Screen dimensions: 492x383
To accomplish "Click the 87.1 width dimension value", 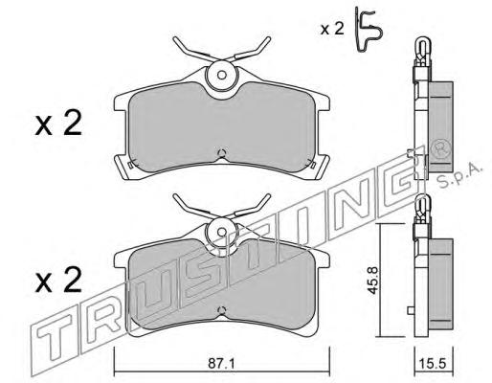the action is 221,364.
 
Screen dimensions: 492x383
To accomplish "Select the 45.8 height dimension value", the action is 372,281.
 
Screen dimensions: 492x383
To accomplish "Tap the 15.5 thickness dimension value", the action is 434,364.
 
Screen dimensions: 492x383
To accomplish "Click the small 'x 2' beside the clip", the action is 332,30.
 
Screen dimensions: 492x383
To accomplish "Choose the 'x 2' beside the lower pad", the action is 58,281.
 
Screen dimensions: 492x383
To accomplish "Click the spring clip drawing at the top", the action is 369,31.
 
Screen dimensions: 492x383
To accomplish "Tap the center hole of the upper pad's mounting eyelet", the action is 222,76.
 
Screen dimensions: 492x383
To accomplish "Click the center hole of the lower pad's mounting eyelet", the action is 222,232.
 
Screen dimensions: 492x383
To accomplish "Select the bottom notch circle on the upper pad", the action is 221,153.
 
